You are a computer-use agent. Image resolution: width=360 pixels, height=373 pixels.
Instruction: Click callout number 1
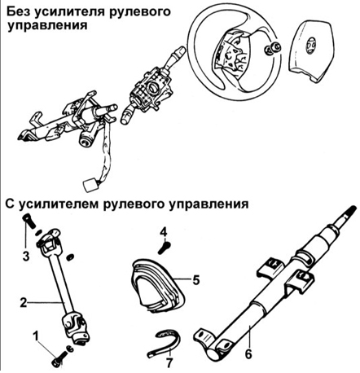(x=34, y=335)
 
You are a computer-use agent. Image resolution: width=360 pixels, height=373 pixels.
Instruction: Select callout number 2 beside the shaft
(x=24, y=301)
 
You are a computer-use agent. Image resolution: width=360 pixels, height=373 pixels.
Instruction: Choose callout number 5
(x=195, y=278)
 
